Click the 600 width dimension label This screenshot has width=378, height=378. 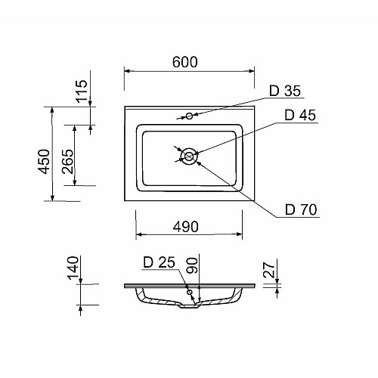pyautogui.click(x=184, y=62)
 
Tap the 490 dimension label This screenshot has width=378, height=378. pyautogui.click(x=186, y=227)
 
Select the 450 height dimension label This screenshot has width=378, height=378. pyautogui.click(x=44, y=162)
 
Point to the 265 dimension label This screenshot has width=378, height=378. pyautogui.click(x=67, y=162)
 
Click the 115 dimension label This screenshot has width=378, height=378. pyautogui.click(x=82, y=91)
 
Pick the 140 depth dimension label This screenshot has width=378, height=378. pyautogui.click(x=73, y=268)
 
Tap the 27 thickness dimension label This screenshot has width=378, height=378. pyautogui.click(x=268, y=270)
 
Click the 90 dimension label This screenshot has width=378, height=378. pyautogui.click(x=192, y=265)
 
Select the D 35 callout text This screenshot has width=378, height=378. pyautogui.click(x=285, y=91)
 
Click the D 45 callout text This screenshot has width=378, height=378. pyautogui.click(x=300, y=115)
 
